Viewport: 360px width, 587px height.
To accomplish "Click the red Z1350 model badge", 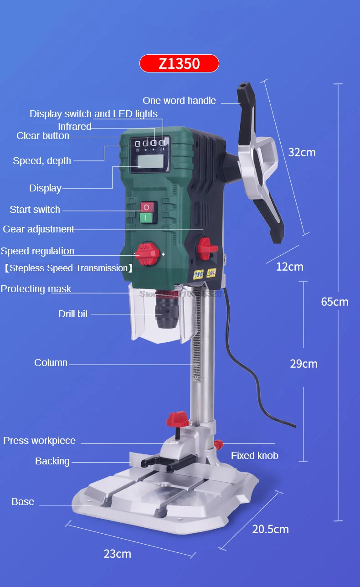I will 179,63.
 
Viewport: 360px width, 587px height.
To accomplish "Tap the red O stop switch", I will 146,207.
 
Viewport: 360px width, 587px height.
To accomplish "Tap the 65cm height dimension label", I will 334,302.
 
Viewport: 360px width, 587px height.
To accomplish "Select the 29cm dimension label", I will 303,364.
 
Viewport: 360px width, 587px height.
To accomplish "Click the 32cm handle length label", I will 302,152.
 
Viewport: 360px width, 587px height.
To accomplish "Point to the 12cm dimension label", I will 289,267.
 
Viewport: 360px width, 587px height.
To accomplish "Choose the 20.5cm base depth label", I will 271,529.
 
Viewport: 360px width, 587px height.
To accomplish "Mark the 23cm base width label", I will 117,554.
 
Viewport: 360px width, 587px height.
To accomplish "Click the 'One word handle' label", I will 179,101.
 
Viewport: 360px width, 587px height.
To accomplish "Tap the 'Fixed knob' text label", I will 254,455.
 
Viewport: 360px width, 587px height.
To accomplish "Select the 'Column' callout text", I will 51,363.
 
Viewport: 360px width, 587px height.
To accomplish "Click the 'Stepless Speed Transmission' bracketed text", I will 68,268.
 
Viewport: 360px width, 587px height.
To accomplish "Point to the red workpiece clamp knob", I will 178,418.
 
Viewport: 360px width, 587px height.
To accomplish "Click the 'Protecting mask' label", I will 36,289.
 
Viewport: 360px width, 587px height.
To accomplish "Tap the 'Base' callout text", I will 23,502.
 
